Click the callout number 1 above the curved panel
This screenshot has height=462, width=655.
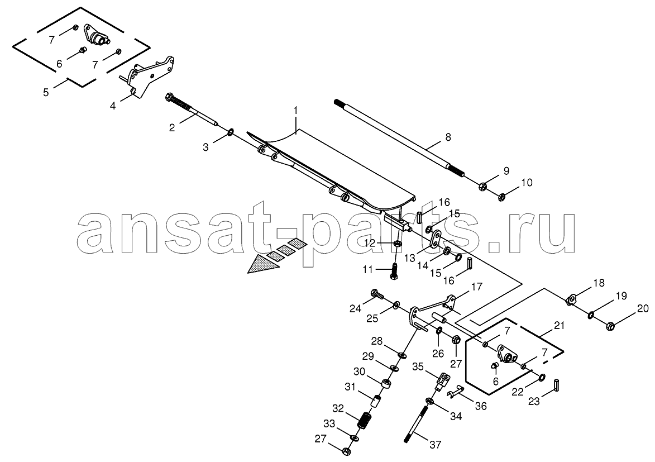pos(295,111)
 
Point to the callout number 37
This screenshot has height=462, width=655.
pos(435,445)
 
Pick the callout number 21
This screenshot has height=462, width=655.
pos(558,325)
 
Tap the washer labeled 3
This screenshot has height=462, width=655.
pos(230,134)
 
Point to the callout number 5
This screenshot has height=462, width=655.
pos(46,92)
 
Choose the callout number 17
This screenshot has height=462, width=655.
pos(477,287)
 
